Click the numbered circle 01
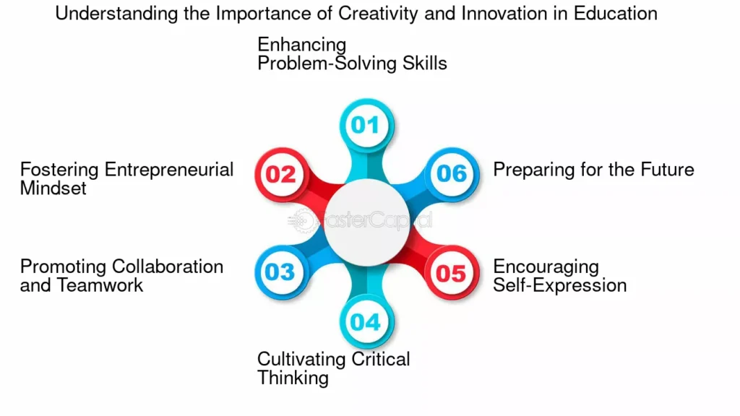point(366,126)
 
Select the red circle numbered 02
point(282,175)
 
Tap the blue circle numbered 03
point(282,272)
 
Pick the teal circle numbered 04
point(366,321)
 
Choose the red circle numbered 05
point(452,272)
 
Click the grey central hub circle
point(366,222)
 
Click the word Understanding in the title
point(116,14)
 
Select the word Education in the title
point(616,13)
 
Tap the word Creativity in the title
point(378,14)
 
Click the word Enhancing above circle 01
point(301,45)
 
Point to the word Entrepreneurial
point(169,169)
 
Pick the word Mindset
point(53,188)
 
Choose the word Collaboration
point(168,266)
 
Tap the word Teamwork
point(100,285)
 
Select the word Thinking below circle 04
point(293,378)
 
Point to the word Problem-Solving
point(327,64)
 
